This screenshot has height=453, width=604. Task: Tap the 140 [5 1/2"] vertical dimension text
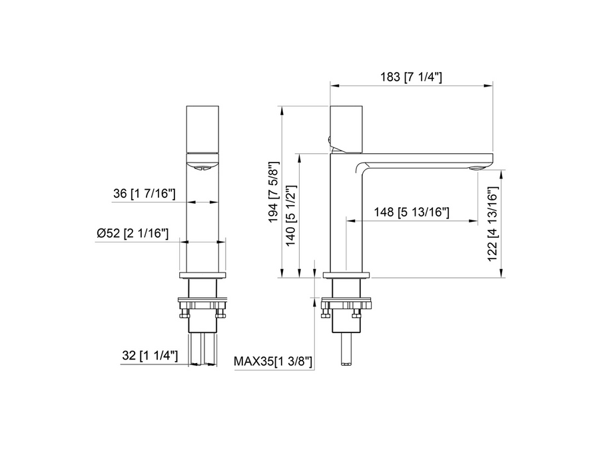[290, 216]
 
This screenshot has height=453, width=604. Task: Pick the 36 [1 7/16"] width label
[144, 194]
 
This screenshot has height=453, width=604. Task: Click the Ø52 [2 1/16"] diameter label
[132, 234]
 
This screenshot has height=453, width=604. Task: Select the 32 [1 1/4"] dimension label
[151, 356]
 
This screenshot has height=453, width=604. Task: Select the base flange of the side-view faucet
[346, 275]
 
